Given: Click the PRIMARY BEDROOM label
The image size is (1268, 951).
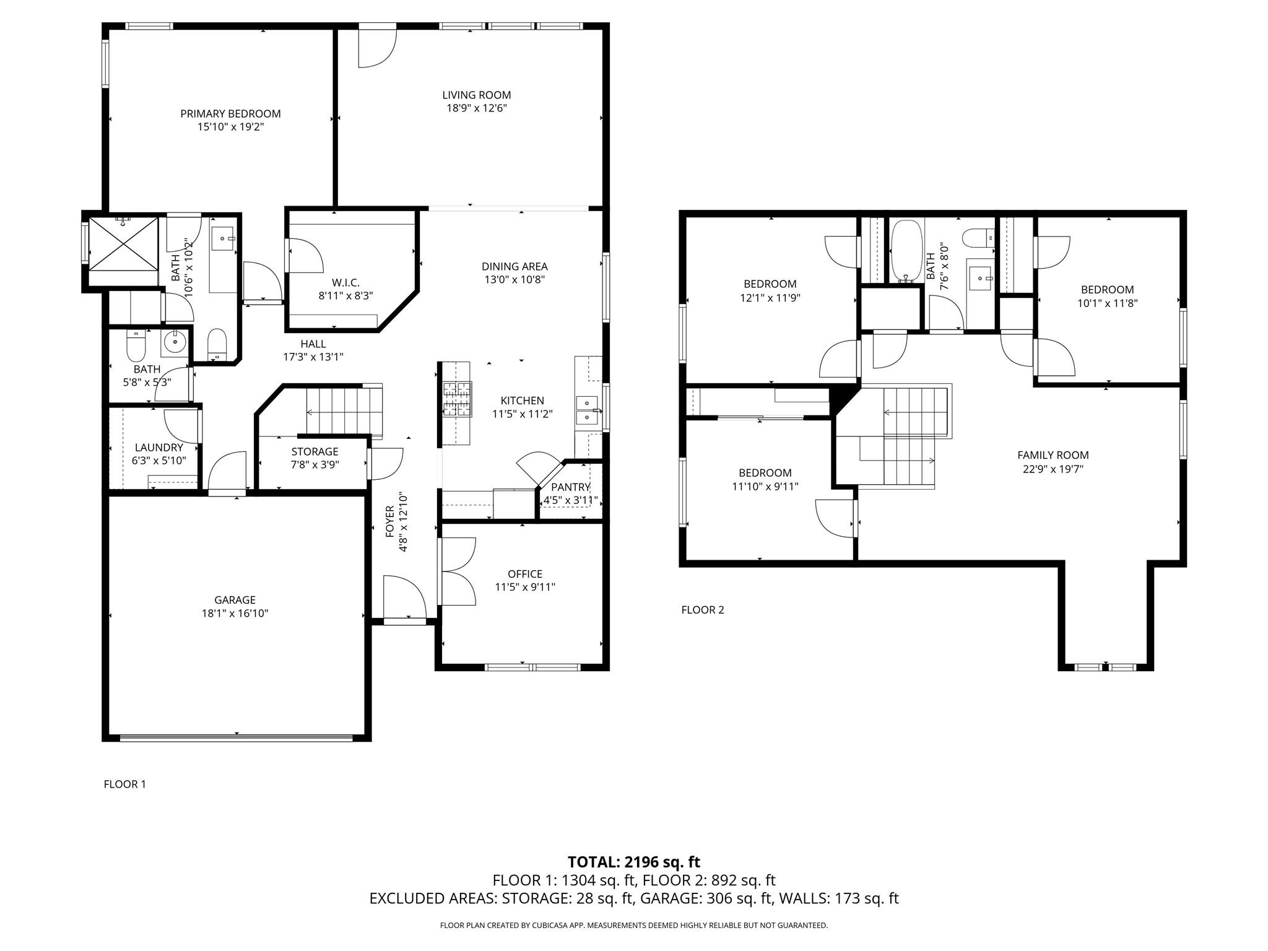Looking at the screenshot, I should (230, 113).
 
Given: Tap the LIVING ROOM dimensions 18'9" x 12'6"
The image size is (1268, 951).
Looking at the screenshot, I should (476, 108).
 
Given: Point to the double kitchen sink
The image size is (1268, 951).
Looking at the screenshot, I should (586, 410).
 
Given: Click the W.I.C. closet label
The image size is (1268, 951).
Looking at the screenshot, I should (345, 283).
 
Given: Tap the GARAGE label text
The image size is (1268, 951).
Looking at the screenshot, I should (235, 600).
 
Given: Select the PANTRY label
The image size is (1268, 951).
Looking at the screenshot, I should (570, 487).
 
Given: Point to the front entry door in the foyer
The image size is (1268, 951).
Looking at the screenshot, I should (404, 597).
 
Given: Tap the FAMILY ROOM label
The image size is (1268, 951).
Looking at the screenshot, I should (1053, 455).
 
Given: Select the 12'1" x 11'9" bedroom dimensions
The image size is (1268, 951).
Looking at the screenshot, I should (770, 298).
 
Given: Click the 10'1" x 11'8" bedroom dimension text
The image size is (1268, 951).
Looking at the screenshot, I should (1107, 303).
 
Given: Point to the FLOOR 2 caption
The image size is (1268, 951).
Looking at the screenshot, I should (702, 610).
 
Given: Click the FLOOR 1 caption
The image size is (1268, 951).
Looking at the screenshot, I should (124, 784).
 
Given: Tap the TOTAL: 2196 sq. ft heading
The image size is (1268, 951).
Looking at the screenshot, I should (633, 862).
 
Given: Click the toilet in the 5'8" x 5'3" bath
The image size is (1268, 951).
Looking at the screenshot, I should (136, 347).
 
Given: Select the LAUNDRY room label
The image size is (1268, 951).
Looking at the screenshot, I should (158, 448).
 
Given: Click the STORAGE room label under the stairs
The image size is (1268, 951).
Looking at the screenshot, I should (315, 451).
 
